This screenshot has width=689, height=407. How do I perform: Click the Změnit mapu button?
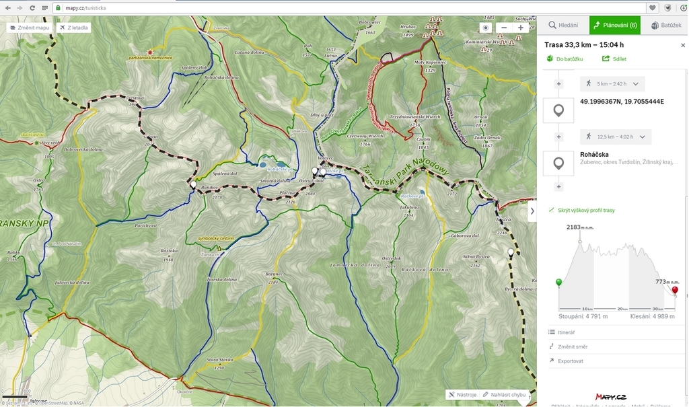[x=30, y=28]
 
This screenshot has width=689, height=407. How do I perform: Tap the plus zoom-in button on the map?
[x=520, y=28]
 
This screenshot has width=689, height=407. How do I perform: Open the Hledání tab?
[x=563, y=25]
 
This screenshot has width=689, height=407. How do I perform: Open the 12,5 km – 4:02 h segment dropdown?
[x=615, y=137]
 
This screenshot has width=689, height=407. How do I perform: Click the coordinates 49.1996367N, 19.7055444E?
[x=622, y=102]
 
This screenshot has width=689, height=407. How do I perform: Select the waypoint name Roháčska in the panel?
[x=594, y=154]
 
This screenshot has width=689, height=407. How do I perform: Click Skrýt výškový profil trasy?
[x=585, y=210]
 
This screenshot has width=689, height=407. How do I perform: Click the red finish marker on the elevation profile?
[x=675, y=291]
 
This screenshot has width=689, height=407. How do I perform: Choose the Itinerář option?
[x=566, y=332]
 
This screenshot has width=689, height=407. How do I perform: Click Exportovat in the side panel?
[x=570, y=361]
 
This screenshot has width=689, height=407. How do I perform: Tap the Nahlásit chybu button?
[x=504, y=395]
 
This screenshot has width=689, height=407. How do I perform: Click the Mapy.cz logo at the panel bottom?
[x=611, y=397]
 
